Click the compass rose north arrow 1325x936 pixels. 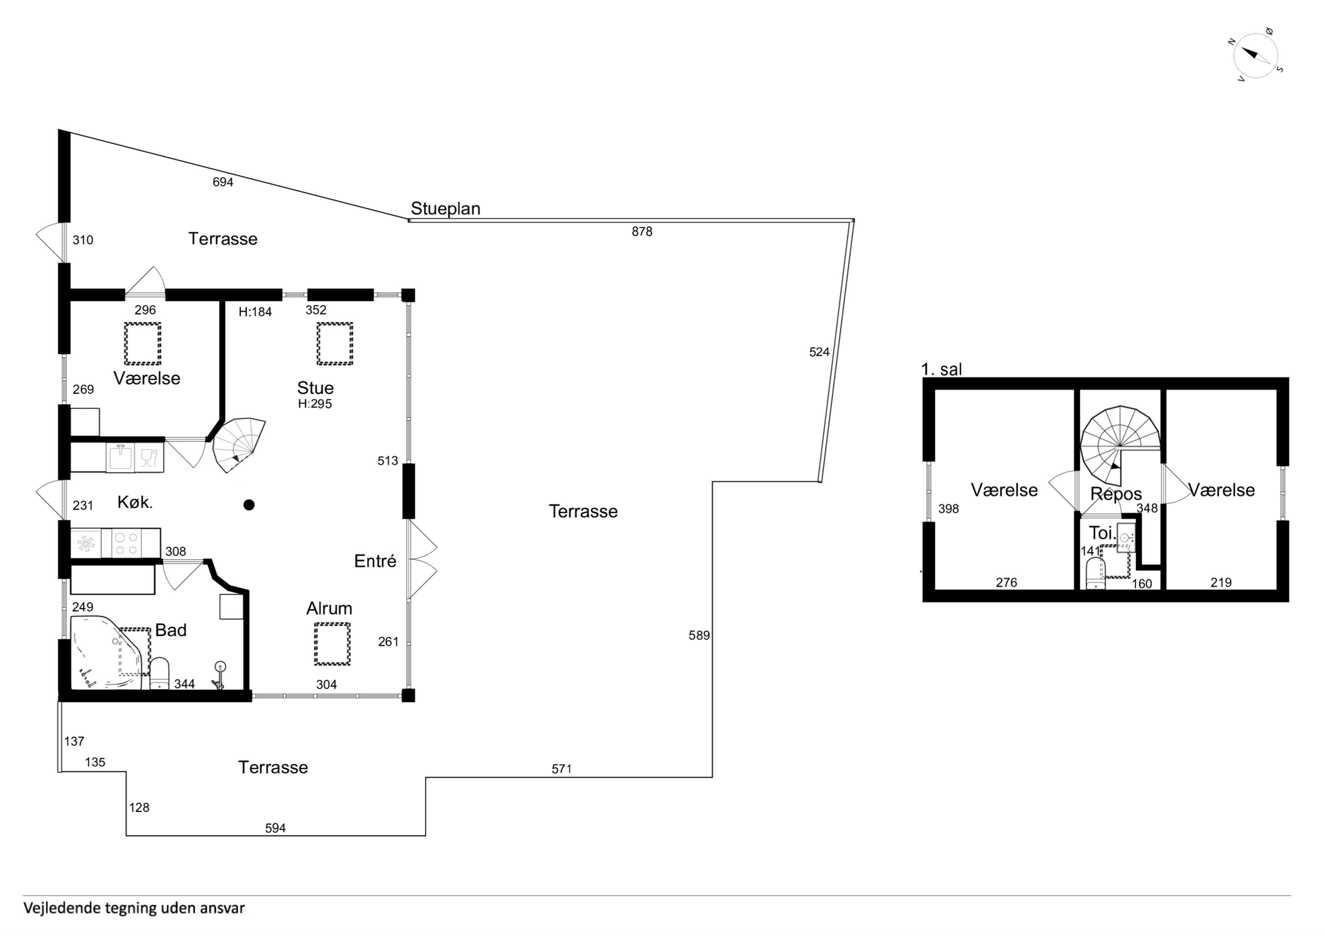coord(1250,54)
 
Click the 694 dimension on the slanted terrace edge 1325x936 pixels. coord(223,182)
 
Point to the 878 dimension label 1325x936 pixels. coord(642,231)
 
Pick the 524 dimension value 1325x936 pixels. coord(819,352)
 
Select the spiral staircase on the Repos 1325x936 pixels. coord(1119,446)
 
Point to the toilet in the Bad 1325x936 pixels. coord(159,673)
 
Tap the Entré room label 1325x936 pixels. coord(375,561)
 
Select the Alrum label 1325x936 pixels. coord(329,608)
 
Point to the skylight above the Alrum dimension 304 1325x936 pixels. coord(332,643)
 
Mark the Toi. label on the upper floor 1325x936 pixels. coord(1102,532)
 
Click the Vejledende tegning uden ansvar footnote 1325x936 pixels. coord(134,908)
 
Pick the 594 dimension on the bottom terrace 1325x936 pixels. coord(275,828)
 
